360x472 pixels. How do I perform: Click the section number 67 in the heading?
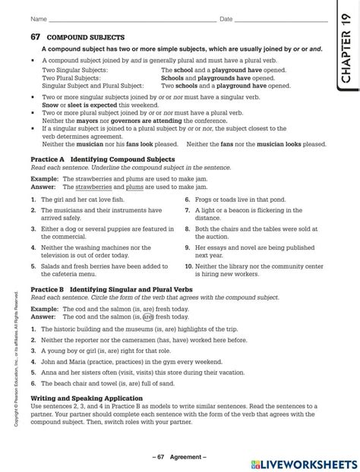click(x=35, y=36)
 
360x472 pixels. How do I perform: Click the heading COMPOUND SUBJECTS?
click(x=86, y=36)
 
